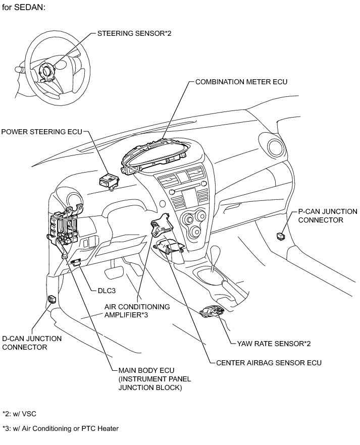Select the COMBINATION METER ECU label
[x=241, y=81]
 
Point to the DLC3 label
[x=107, y=291]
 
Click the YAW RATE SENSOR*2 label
[x=273, y=344]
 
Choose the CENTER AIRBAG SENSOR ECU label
[x=268, y=362]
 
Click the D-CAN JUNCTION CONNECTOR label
[x=32, y=343]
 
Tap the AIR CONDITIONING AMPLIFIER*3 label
[x=137, y=310]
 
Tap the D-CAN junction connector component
[x=52, y=299]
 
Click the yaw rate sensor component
[x=212, y=312]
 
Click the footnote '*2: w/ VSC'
[x=19, y=413]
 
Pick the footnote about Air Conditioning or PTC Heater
[x=60, y=428]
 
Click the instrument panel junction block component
[x=63, y=228]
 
